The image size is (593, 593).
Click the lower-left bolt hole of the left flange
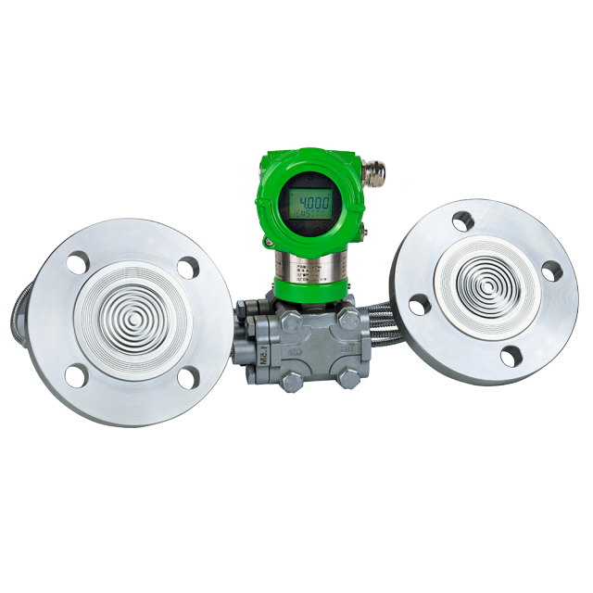coord(77,375)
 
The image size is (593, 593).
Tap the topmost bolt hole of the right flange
coord(462,221)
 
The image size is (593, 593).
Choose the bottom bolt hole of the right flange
coord(510,356)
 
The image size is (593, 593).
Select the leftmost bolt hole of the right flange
coord(419,304)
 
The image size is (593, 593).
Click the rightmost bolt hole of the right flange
coord(551,271)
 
